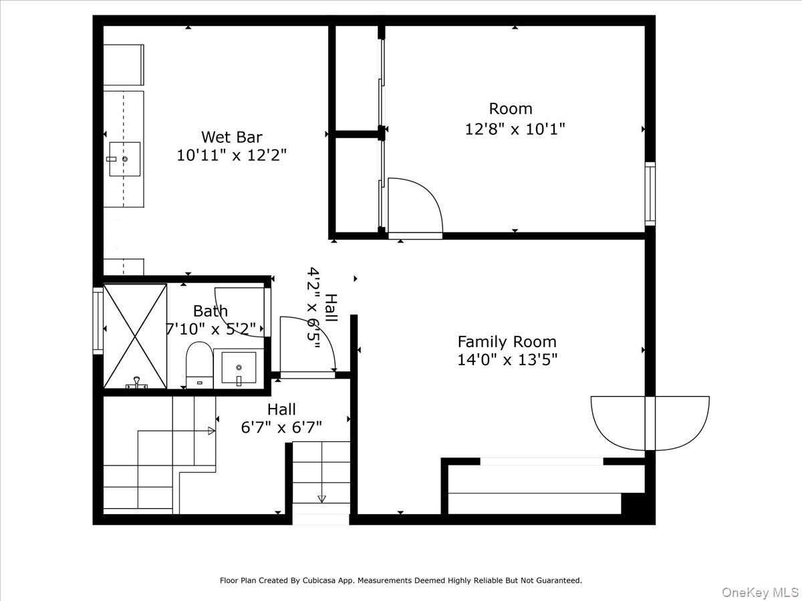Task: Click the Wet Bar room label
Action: pyautogui.click(x=231, y=137)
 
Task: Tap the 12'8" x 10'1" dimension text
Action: pyautogui.click(x=515, y=129)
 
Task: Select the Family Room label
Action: pyautogui.click(x=507, y=342)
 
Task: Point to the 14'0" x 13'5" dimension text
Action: pyautogui.click(x=507, y=360)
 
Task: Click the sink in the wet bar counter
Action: pyautogui.click(x=124, y=159)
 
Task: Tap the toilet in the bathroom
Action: pyautogui.click(x=198, y=364)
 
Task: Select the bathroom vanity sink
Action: pyautogui.click(x=239, y=368)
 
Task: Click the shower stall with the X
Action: pyautogui.click(x=136, y=336)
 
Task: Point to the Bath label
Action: pyautogui.click(x=210, y=311)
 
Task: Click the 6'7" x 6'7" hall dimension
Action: pyautogui.click(x=281, y=427)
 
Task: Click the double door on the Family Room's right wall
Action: pyautogui.click(x=650, y=422)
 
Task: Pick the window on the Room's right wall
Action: pyautogui.click(x=650, y=194)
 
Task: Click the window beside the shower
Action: pyautogui.click(x=98, y=321)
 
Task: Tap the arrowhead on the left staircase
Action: pyautogui.click(x=211, y=431)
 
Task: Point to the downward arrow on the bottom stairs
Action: pyautogui.click(x=321, y=497)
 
